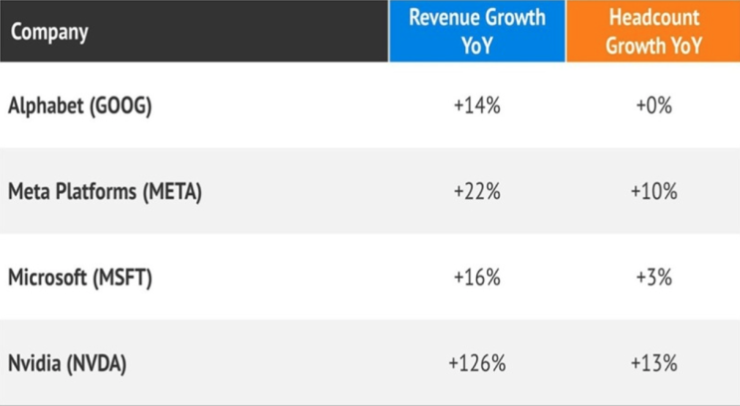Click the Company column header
click(x=50, y=32)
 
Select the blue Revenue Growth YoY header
click(x=476, y=32)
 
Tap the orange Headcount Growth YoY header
click(x=653, y=32)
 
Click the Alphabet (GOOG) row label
click(x=80, y=105)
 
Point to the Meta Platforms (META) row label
click(x=105, y=192)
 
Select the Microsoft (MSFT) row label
click(x=80, y=279)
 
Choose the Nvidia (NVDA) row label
click(x=68, y=364)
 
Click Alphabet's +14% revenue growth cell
click(x=476, y=105)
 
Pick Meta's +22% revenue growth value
click(x=476, y=192)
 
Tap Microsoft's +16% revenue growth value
click(x=476, y=279)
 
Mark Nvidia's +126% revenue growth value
click(x=476, y=364)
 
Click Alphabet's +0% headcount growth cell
click(x=653, y=105)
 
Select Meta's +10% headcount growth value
click(x=653, y=192)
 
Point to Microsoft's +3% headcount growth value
click(x=653, y=279)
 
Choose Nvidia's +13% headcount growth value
click(x=653, y=364)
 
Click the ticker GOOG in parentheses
click(x=123, y=105)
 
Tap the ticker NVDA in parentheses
click(x=97, y=364)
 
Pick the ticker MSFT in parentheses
click(x=123, y=279)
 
